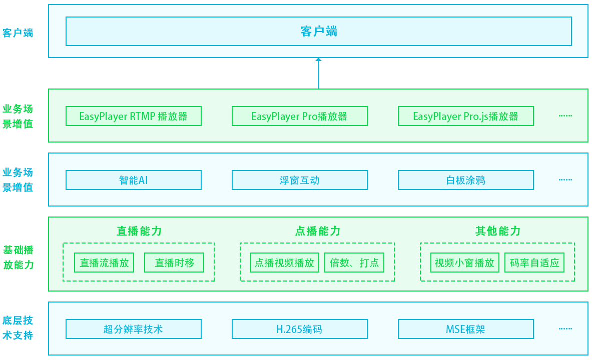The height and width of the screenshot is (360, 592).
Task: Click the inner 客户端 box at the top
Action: (318, 31)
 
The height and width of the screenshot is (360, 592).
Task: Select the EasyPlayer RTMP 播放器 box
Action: (133, 116)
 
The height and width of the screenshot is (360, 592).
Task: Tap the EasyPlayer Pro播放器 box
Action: (299, 116)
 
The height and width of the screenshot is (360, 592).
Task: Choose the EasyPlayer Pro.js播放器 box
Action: (465, 116)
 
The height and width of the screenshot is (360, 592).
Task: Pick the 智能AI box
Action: (133, 180)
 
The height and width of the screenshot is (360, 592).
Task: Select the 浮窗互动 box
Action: (299, 180)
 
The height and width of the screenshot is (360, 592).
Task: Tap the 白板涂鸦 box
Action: (465, 180)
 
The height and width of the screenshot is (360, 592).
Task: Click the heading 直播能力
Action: (139, 231)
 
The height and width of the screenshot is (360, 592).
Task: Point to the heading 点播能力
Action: (318, 231)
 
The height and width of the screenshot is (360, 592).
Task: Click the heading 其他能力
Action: (498, 231)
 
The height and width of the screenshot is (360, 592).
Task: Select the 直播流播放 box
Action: (104, 262)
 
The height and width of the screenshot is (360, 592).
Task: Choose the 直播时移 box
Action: (174, 262)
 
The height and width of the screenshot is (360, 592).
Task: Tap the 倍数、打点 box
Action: (354, 262)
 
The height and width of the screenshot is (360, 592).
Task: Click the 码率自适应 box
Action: (534, 262)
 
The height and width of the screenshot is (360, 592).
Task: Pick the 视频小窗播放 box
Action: (464, 262)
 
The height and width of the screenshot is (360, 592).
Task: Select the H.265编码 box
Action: (299, 329)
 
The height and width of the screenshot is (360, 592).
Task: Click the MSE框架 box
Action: (465, 329)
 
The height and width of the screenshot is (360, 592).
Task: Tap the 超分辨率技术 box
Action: (133, 329)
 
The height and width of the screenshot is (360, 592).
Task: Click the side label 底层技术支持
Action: (18, 328)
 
